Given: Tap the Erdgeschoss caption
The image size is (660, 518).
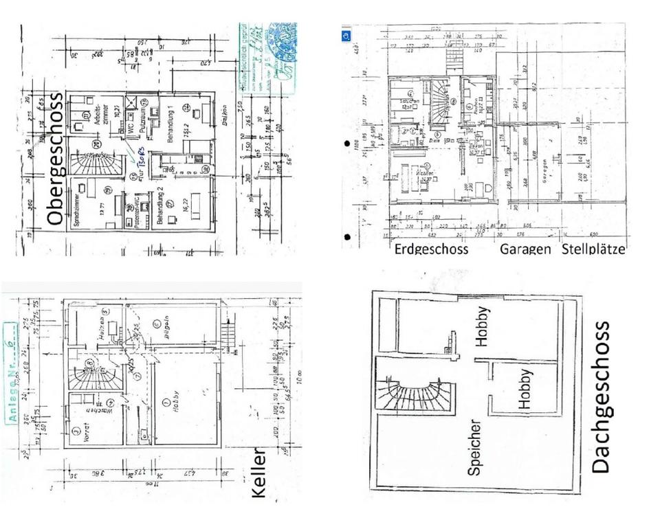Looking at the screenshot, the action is [431, 249].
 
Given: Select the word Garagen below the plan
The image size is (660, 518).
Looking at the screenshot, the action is [525, 249].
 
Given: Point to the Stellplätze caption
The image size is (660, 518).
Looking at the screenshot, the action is [593, 249].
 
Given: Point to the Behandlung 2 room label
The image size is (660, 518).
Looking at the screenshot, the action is [161, 207].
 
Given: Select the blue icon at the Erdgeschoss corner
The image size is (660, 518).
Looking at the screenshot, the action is [346, 33].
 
